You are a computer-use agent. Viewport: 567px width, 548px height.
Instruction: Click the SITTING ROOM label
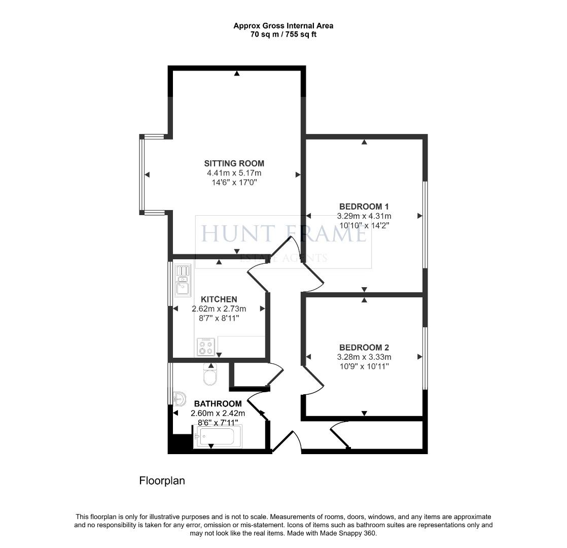234,163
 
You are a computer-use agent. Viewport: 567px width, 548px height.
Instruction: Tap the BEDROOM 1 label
364,207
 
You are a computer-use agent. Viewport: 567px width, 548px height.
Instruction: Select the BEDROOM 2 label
364,348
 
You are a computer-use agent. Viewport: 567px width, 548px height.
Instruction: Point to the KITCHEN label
219,299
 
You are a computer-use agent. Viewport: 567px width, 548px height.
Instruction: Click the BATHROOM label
217,404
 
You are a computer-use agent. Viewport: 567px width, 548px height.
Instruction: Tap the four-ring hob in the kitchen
206,347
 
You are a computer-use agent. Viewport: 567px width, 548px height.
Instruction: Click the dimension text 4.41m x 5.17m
234,173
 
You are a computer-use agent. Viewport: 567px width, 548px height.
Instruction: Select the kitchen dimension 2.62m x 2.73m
219,309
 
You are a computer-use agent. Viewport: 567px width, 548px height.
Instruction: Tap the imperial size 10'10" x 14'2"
364,225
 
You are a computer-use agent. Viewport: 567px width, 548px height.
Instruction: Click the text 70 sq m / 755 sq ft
283,34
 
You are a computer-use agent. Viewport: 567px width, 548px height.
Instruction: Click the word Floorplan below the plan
162,481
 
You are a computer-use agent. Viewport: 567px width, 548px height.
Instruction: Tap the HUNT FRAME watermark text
283,234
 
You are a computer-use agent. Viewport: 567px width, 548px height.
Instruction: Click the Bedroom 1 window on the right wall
425,224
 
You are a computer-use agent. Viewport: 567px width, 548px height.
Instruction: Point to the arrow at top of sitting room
237,74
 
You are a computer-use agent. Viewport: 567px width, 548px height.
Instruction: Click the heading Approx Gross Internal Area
283,25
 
